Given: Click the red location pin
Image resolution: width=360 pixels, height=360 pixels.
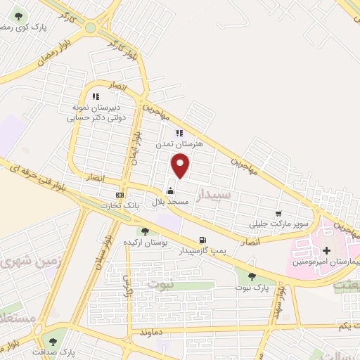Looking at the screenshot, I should [181, 165].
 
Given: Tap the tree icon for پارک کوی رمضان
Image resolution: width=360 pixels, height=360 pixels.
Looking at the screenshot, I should [18, 16].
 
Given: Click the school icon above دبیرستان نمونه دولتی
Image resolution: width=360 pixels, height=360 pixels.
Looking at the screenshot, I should [96, 96].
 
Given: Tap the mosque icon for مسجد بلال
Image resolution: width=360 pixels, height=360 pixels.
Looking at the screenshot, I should [169, 190].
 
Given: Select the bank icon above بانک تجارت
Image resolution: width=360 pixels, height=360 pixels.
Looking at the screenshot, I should [119, 194].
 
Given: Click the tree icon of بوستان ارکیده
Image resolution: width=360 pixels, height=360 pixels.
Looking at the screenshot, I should [145, 231].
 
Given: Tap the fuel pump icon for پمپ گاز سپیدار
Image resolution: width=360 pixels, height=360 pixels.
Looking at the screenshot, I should [202, 239].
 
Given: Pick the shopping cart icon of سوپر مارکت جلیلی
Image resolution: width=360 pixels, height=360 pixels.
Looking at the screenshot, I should [278, 214].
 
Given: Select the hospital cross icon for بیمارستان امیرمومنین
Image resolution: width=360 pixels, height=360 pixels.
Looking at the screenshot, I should [326, 250].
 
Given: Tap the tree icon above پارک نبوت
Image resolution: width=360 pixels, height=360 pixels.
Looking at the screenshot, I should [252, 276].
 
